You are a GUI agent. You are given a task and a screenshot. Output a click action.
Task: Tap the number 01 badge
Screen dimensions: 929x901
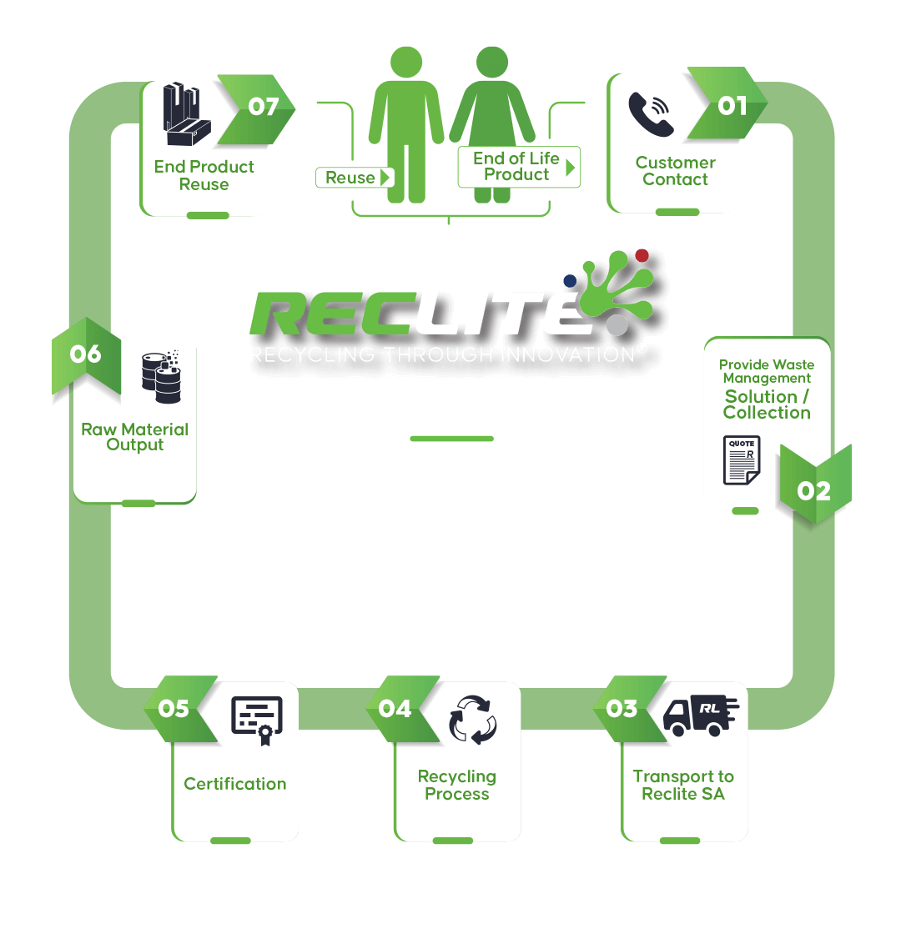click(732, 106)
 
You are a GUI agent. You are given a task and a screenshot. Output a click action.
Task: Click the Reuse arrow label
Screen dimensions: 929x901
click(354, 178)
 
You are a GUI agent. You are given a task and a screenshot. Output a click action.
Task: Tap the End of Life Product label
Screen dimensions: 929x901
click(518, 166)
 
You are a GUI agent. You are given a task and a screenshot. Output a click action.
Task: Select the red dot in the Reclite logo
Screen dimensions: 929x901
click(642, 255)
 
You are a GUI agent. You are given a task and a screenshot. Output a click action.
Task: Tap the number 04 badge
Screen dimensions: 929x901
click(395, 709)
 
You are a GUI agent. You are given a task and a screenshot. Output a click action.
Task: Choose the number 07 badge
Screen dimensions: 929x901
click(263, 108)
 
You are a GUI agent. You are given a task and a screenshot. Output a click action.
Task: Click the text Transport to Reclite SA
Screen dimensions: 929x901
click(682, 786)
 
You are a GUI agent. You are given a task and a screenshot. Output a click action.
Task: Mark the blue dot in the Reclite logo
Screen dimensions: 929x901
click(571, 281)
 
